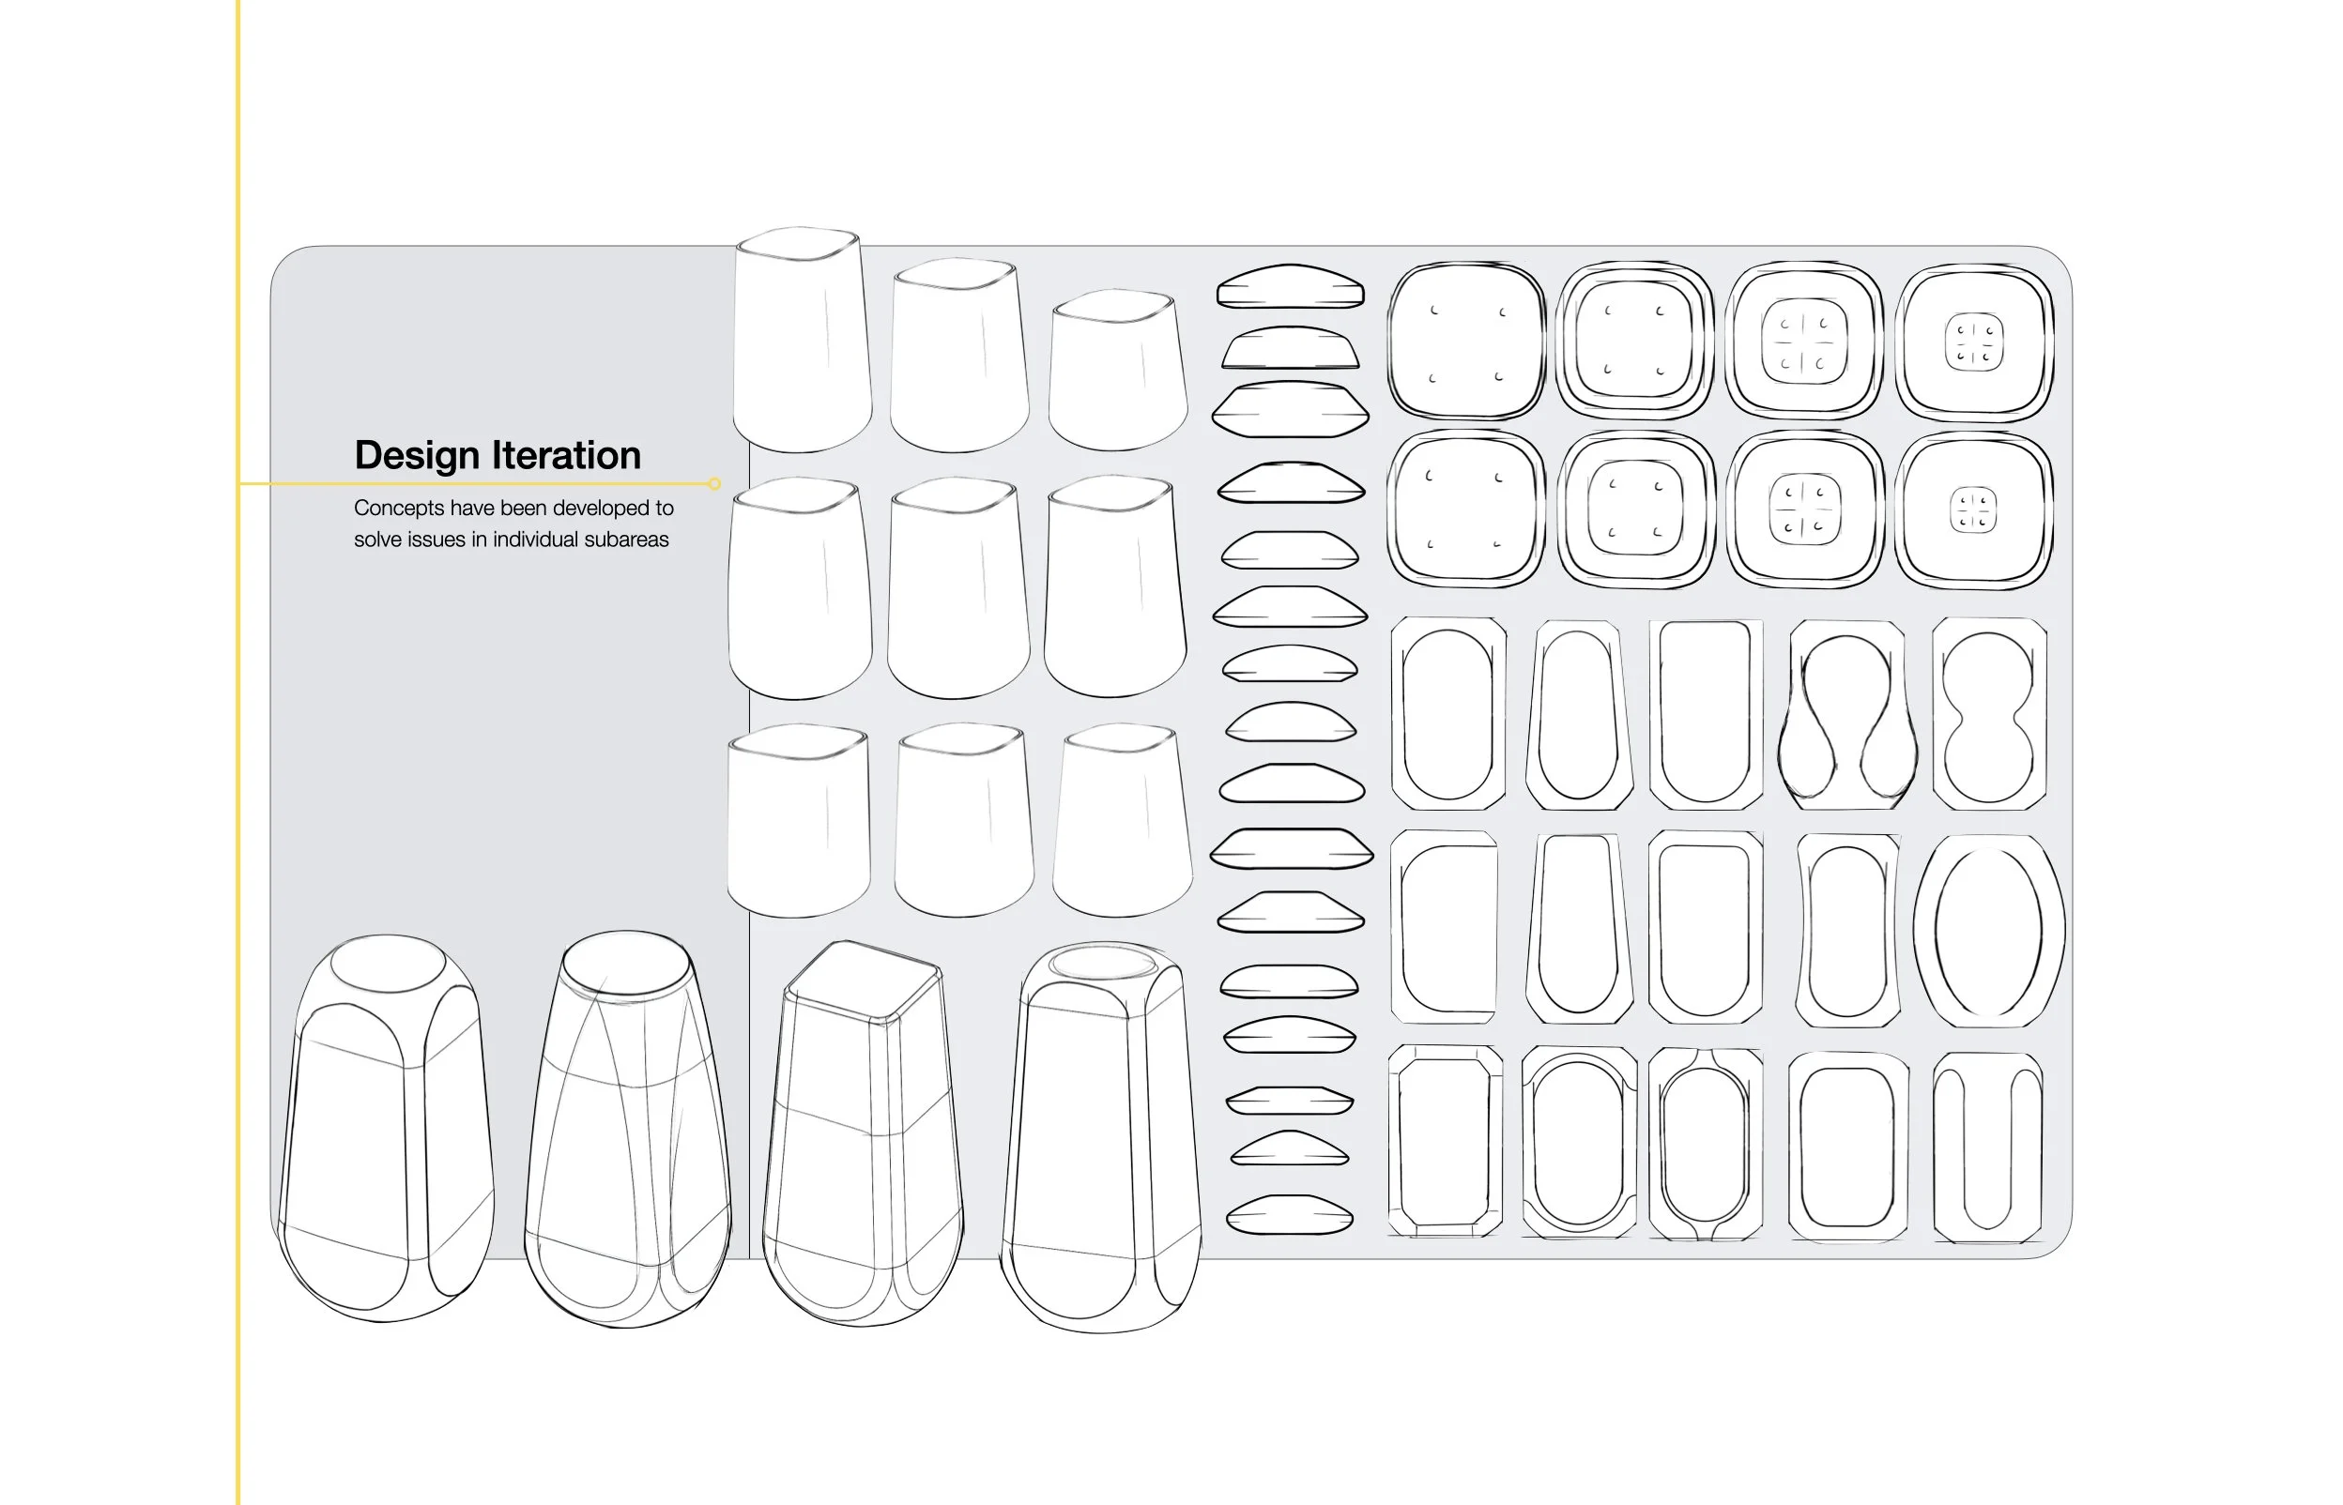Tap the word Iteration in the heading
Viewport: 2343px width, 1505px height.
[566, 455]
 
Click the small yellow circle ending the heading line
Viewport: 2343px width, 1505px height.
[714, 484]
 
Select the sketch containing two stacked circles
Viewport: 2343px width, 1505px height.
[1989, 713]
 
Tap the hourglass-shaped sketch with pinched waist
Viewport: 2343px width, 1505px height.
[1846, 714]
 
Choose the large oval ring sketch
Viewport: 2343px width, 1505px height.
[1989, 930]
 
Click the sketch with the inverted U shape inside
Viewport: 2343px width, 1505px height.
[1988, 1147]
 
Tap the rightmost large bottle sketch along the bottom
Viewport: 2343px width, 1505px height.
[1102, 1138]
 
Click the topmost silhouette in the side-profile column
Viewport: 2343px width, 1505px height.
[1291, 286]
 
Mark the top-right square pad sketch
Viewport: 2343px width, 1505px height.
[1973, 342]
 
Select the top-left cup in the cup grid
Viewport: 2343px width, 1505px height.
[802, 340]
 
